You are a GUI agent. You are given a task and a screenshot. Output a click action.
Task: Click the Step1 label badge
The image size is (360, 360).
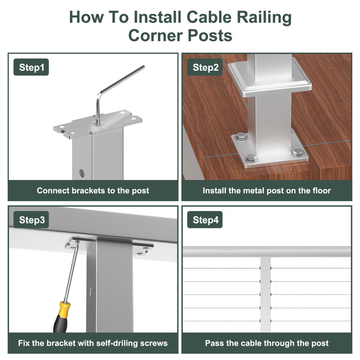tap(31, 67)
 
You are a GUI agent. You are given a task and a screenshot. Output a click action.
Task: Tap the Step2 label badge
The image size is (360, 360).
tap(205, 67)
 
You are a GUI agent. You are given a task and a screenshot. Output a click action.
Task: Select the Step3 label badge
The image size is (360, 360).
tap(31, 220)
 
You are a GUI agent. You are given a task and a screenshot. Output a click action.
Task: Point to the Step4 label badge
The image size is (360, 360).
tap(205, 220)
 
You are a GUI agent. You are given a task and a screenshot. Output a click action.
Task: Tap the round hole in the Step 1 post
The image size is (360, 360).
tap(81, 173)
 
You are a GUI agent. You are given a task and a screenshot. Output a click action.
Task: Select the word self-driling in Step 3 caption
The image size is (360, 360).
tap(117, 343)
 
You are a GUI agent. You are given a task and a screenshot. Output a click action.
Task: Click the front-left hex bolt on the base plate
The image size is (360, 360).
tap(251, 158)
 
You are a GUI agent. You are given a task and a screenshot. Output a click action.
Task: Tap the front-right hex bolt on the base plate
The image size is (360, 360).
tap(298, 152)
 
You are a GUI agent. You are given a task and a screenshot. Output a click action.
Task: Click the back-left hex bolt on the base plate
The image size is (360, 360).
tap(241, 137)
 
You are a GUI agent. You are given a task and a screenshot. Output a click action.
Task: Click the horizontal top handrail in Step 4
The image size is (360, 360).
tap(267, 251)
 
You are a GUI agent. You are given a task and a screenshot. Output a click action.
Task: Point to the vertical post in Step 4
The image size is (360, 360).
tap(265, 294)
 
